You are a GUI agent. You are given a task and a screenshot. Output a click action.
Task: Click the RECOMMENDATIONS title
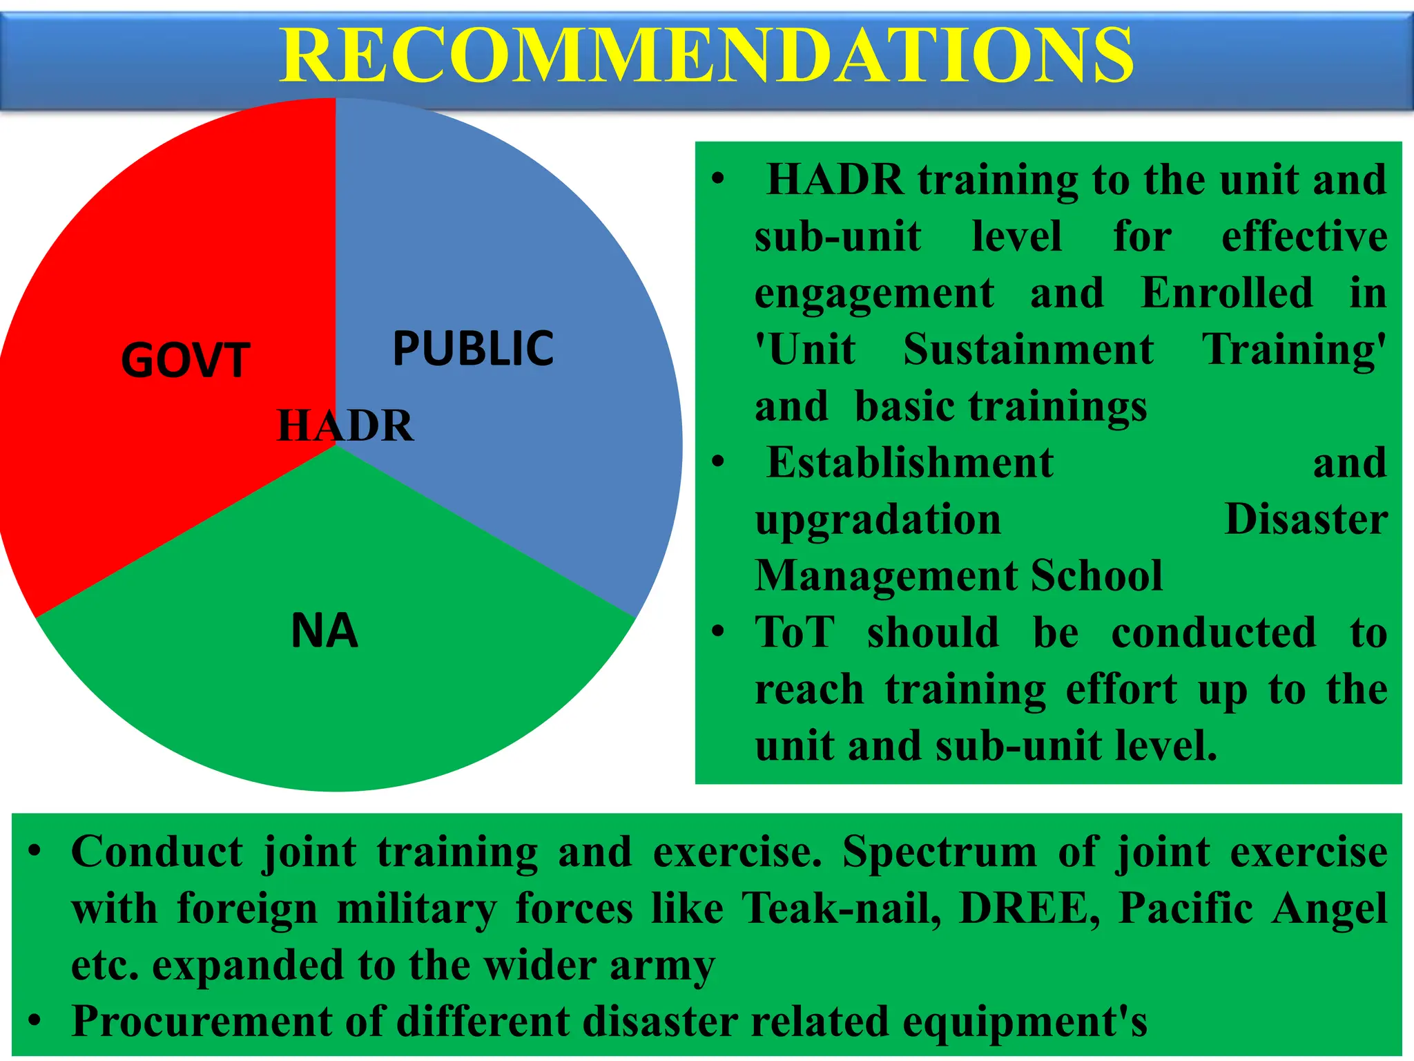tap(706, 55)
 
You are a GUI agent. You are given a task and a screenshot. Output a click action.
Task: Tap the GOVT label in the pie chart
tap(185, 361)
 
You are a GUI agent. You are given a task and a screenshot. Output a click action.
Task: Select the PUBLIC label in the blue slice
tap(473, 348)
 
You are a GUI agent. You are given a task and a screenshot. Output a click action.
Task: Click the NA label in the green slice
tap(325, 631)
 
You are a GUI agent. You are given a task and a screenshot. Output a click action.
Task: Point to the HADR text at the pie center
tap(345, 426)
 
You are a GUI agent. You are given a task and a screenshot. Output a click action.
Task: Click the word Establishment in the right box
tap(910, 462)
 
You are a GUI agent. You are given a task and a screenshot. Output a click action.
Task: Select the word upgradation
tap(878, 519)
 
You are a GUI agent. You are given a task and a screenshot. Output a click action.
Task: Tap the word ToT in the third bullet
tap(795, 632)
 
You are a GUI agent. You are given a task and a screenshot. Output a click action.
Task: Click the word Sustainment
tap(1028, 349)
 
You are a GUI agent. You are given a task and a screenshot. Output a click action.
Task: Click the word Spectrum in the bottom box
tap(940, 851)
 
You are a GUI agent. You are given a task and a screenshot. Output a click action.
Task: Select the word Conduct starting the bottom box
tap(157, 851)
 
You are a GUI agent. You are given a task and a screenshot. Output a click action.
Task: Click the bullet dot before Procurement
tap(35, 1020)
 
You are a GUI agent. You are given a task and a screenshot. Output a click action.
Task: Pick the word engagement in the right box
tap(874, 294)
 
